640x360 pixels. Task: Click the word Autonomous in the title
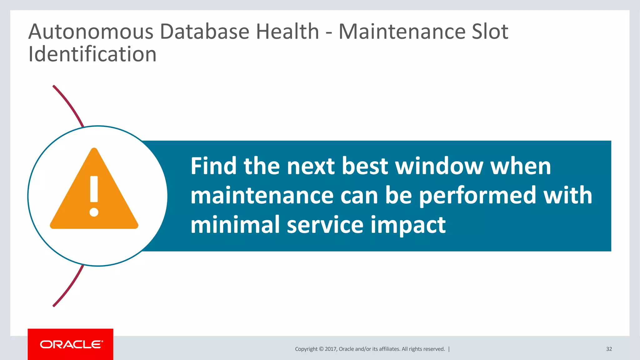[x=91, y=32]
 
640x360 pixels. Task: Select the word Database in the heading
[x=204, y=32]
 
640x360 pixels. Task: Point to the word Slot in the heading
[x=490, y=32]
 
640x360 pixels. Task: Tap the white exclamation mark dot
[x=94, y=212]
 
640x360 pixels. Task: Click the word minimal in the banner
[x=235, y=225]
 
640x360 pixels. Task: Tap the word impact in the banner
[x=408, y=225]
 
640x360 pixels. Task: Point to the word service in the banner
[x=325, y=225]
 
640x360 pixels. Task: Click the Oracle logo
[x=71, y=344]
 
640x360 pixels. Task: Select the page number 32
[x=609, y=349]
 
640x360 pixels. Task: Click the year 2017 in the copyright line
[x=330, y=349]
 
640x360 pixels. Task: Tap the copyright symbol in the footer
[x=321, y=349]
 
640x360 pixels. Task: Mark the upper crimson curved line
[x=69, y=105]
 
